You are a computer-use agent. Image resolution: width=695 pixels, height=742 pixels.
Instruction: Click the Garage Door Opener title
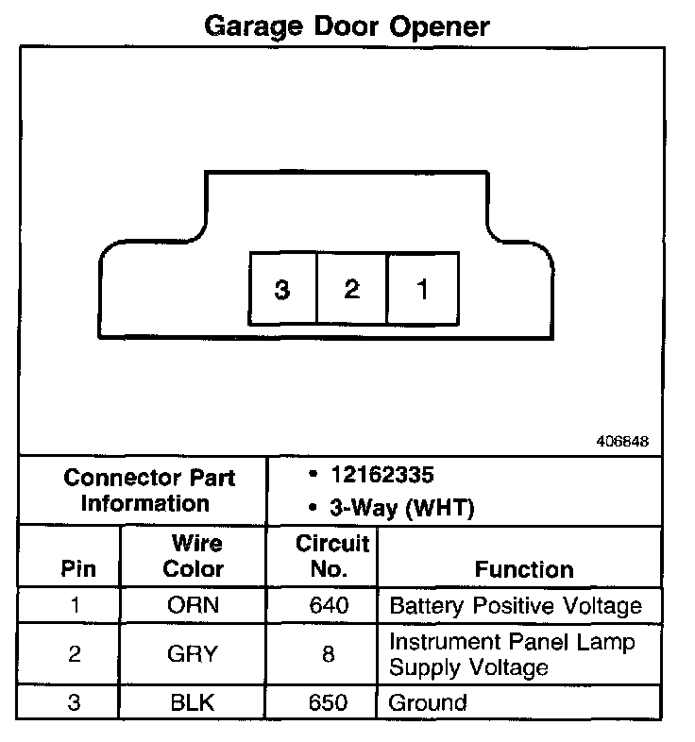[x=347, y=25]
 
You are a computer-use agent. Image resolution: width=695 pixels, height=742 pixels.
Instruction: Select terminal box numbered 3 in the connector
[x=281, y=288]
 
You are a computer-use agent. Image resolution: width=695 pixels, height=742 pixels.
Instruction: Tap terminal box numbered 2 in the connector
[x=352, y=288]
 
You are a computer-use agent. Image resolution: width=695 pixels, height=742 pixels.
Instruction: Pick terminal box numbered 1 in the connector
[x=422, y=288]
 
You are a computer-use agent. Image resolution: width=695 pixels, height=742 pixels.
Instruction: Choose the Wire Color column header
[x=195, y=556]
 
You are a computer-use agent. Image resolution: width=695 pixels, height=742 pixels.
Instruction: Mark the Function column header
[x=524, y=569]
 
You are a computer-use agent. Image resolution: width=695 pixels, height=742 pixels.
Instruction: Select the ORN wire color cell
[x=194, y=605]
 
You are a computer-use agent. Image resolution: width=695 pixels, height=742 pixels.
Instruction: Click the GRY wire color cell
[x=194, y=652]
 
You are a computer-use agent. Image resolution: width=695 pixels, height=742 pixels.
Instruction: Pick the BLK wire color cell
[x=194, y=703]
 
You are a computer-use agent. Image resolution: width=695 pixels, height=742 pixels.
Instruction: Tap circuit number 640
[x=328, y=605]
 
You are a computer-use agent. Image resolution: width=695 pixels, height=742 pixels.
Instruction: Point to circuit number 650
[x=328, y=703]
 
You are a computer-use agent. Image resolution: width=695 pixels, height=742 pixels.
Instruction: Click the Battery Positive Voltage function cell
[x=516, y=605]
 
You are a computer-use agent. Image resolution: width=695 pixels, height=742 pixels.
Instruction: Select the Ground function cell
[x=429, y=703]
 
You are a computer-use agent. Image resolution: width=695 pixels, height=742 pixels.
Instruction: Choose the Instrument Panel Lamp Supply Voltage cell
[x=512, y=654]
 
